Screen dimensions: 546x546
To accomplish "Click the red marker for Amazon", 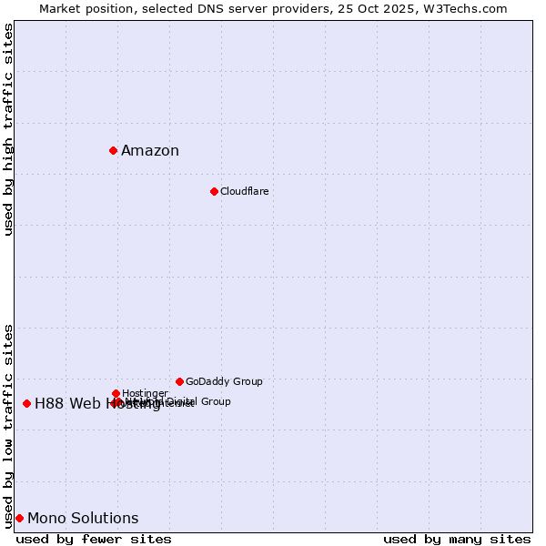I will coord(113,150).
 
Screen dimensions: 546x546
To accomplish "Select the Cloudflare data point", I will coord(214,191).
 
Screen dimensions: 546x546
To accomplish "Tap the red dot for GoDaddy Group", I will coord(179,381).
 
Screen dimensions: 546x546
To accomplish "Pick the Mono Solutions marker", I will coord(19,518).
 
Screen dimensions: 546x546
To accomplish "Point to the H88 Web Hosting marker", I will coord(26,403).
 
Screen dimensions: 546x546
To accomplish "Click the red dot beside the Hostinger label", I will coord(116,393).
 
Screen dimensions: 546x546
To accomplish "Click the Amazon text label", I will coord(150,151).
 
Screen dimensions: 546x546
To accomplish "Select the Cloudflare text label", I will coord(244,191).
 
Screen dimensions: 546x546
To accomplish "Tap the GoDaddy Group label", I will coord(224,381).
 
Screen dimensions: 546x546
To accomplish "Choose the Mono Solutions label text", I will coord(83,519).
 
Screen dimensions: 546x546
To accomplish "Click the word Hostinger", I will coord(145,393).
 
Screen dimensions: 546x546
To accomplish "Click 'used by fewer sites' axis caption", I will coord(94,539).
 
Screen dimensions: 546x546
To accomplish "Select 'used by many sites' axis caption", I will coord(457,539).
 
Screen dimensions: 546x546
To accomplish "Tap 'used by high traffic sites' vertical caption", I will coord(8,129).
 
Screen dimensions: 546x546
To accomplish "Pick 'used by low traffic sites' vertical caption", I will coord(8,426).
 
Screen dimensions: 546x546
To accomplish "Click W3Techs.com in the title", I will coord(467,8).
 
